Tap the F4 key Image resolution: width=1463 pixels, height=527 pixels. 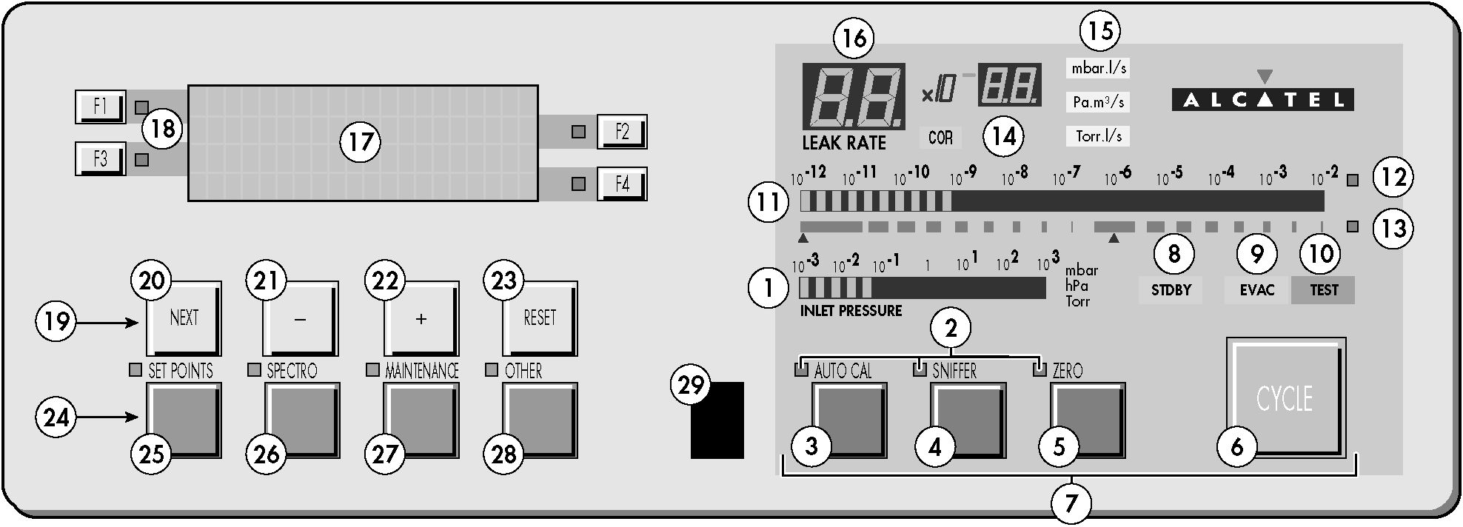coord(622,184)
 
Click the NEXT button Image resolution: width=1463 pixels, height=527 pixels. coord(184,318)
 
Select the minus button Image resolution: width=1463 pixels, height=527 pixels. coord(301,318)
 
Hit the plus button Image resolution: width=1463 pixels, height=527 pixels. coord(421,318)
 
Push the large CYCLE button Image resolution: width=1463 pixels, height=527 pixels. coord(1285,398)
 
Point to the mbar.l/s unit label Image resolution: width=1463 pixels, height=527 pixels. coord(1098,68)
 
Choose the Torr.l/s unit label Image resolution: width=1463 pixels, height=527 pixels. coord(1098,136)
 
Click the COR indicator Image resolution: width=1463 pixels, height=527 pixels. coord(940,138)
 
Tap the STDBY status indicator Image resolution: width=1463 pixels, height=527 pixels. coord(1171,289)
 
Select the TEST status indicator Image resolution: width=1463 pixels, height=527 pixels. coord(1324,289)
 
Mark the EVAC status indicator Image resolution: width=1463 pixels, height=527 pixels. coord(1257,289)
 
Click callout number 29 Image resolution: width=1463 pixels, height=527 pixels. coord(690,386)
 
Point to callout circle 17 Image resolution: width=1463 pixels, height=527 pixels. coord(361,141)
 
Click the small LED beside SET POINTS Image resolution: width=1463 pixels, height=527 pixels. coord(135,370)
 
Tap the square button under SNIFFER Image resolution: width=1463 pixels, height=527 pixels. coord(968,420)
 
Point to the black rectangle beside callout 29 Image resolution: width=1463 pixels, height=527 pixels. coord(717,420)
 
